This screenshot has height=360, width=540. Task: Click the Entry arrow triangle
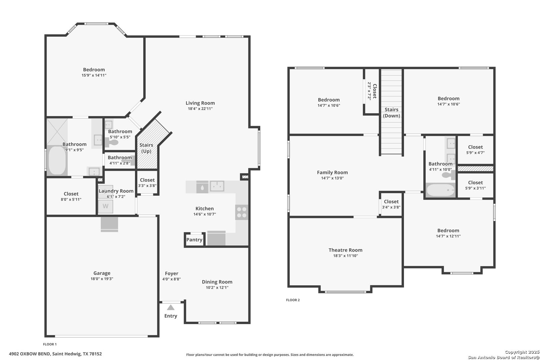coord(171,307)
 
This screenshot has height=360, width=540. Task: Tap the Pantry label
coord(194,240)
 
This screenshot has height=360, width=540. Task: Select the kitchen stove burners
coord(242,212)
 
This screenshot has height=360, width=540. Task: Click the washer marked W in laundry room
coord(106,206)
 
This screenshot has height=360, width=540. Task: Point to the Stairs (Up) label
coord(146,148)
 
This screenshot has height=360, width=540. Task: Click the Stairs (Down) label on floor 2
coord(391,113)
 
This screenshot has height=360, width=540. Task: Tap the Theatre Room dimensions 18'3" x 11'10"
coord(345,256)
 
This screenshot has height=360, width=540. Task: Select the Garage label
coord(102,273)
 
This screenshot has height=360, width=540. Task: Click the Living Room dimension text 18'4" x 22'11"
coord(200,109)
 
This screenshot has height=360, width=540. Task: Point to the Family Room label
coord(332,172)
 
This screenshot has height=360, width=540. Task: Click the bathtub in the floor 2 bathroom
coord(440,190)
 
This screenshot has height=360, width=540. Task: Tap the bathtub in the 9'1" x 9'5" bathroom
coord(57,160)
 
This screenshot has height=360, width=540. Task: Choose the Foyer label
coord(172,273)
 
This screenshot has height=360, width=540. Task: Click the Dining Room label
coord(217,282)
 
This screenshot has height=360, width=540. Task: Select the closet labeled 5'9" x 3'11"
coord(475,185)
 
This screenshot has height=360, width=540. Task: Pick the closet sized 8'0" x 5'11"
coord(71,196)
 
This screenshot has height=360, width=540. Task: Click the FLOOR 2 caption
coord(293,300)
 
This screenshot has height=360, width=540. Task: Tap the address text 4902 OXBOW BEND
coord(30,354)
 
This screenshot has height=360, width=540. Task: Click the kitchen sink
coord(217,186)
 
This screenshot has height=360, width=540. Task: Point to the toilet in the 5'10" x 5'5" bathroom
coord(112,142)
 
